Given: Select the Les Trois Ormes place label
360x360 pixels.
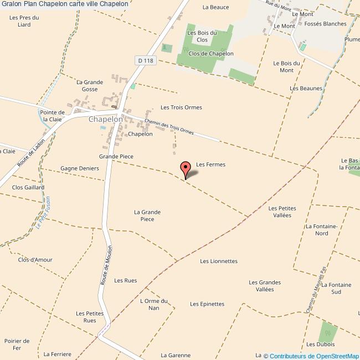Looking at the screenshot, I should [181, 107].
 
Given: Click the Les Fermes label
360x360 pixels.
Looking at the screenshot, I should [211, 164].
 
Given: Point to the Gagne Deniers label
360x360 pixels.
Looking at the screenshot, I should [80, 168].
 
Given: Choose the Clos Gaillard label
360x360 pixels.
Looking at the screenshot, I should [28, 187].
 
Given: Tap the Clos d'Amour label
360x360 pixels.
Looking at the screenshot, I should [35, 260].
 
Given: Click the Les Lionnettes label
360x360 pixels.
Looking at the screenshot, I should [219, 261].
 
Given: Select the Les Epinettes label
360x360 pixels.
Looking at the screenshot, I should [207, 304].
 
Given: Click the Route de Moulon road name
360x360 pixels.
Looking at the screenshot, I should [106, 266].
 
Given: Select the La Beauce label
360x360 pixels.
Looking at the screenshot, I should [216, 7].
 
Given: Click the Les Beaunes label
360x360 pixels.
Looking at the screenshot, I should [306, 88].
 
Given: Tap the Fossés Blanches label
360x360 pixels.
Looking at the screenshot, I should [325, 24].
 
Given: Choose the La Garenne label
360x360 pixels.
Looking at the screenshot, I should [176, 355].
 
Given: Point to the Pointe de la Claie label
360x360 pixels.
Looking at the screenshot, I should [53, 116].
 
